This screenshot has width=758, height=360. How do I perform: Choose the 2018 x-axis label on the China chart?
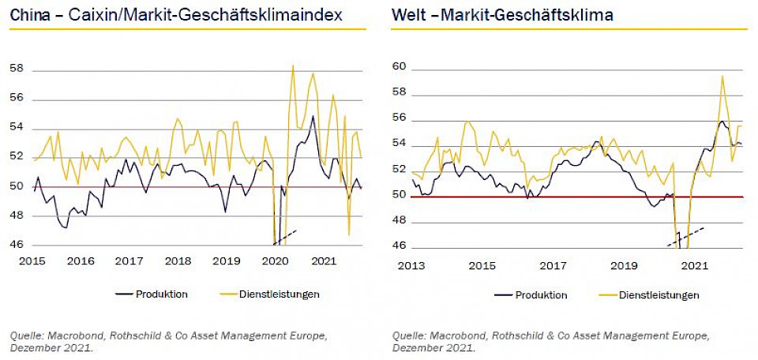click(x=178, y=261)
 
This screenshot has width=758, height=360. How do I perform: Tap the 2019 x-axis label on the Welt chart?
click(x=624, y=265)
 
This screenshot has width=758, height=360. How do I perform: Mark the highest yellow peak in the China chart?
click(x=293, y=66)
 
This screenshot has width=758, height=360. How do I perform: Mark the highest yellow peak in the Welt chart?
click(x=722, y=76)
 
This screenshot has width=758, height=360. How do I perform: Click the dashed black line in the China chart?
click(x=284, y=234)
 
